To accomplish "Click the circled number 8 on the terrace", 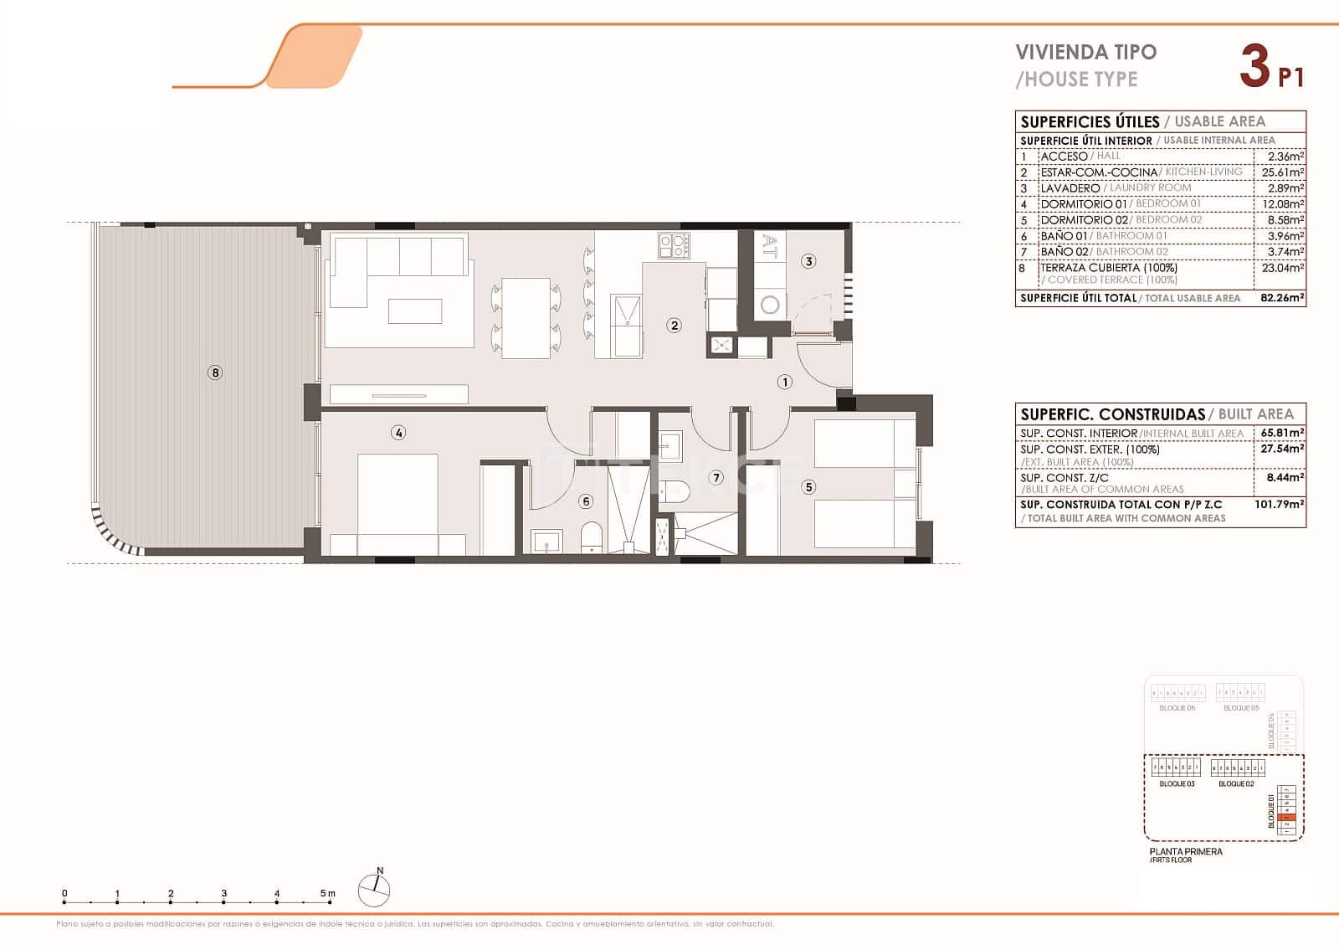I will click(x=215, y=372).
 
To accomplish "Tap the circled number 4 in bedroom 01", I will click(x=398, y=433).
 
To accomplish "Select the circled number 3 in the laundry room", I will click(x=808, y=261).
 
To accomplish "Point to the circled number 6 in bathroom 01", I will click(x=586, y=501).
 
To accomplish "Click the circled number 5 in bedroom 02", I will click(x=808, y=486).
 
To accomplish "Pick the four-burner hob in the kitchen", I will click(x=675, y=244).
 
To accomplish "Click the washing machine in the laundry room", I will click(x=770, y=305).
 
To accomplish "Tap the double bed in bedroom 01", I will click(x=398, y=502).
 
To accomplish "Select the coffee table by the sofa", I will click(x=415, y=311).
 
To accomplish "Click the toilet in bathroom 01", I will click(x=592, y=536).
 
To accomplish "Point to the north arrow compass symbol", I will click(x=375, y=890).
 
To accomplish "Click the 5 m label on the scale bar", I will click(x=327, y=893).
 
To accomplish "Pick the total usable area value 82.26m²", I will click(x=1283, y=298).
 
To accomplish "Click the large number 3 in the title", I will click(x=1254, y=67).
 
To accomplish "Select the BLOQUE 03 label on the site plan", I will click(x=1177, y=784).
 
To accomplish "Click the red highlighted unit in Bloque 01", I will click(x=1289, y=818).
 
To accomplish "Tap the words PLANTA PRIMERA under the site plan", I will click(x=1186, y=851).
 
